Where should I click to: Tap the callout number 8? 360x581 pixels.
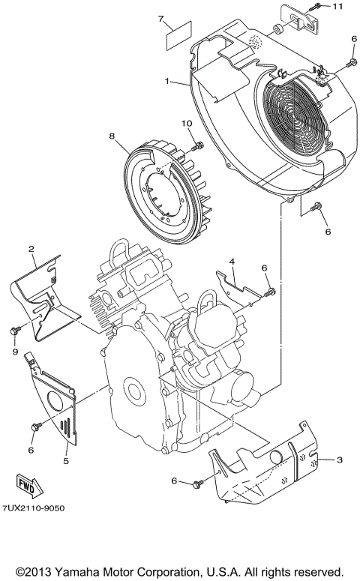coord(112,136)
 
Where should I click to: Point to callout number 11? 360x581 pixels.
coord(337,7)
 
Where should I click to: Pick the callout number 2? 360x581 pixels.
coord(32,248)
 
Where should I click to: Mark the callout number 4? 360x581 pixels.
coord(232,262)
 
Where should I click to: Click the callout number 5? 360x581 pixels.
coord(66,460)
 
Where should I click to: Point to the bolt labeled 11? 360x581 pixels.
coord(318,7)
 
